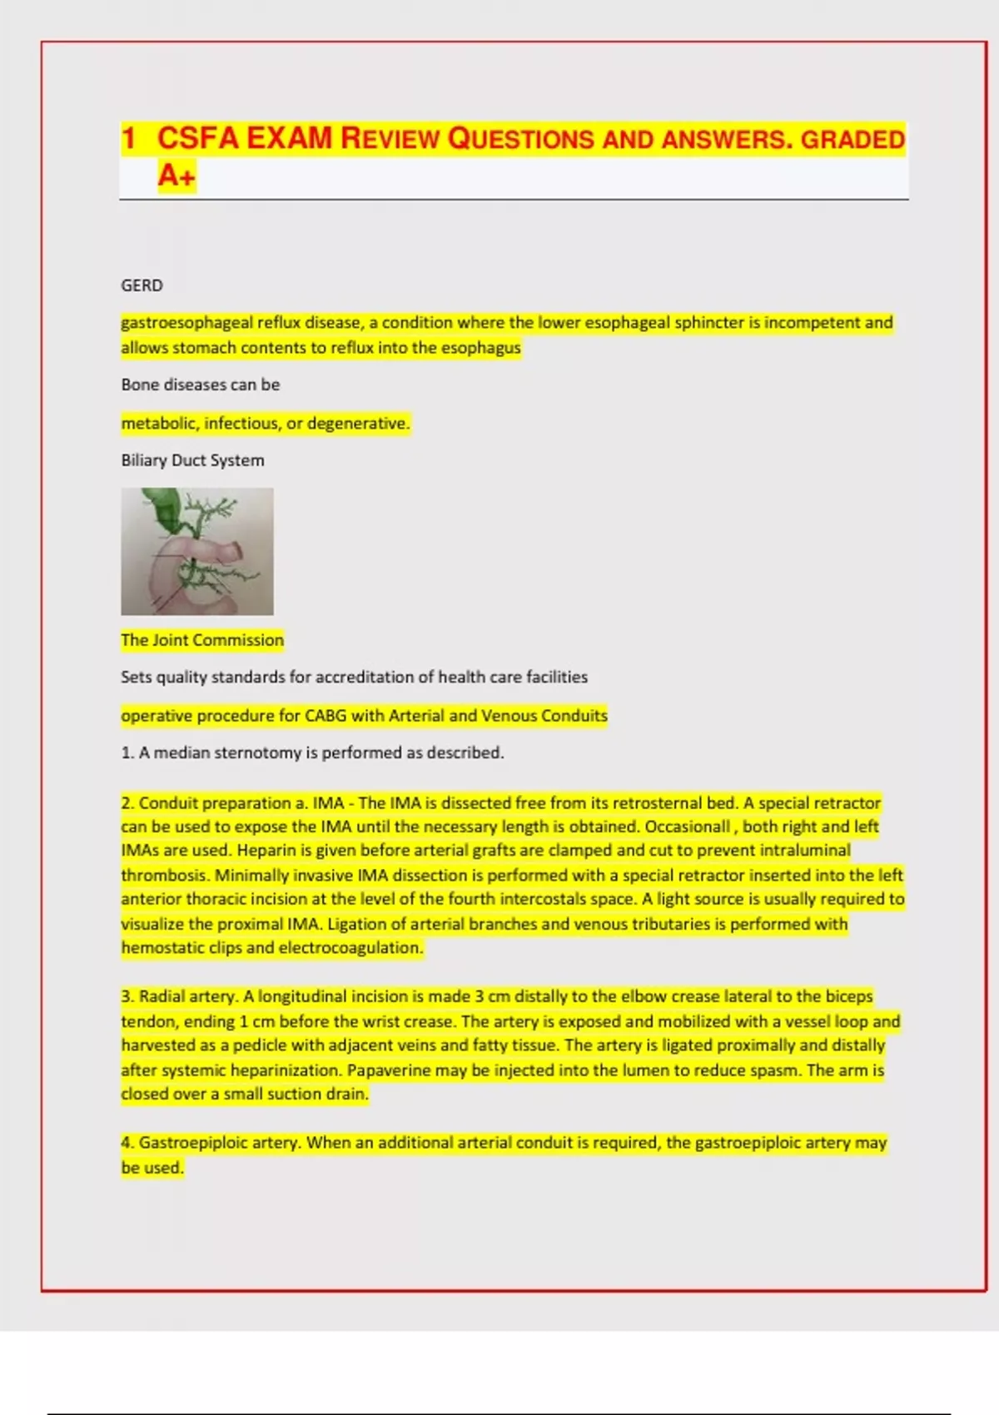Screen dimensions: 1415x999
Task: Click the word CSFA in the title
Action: [x=198, y=138]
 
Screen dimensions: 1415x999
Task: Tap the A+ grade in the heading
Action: [x=176, y=176]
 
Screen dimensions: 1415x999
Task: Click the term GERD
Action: [x=142, y=285]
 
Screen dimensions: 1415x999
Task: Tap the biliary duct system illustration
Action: [x=197, y=551]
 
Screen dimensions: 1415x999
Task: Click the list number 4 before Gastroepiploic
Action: [x=127, y=1143]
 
